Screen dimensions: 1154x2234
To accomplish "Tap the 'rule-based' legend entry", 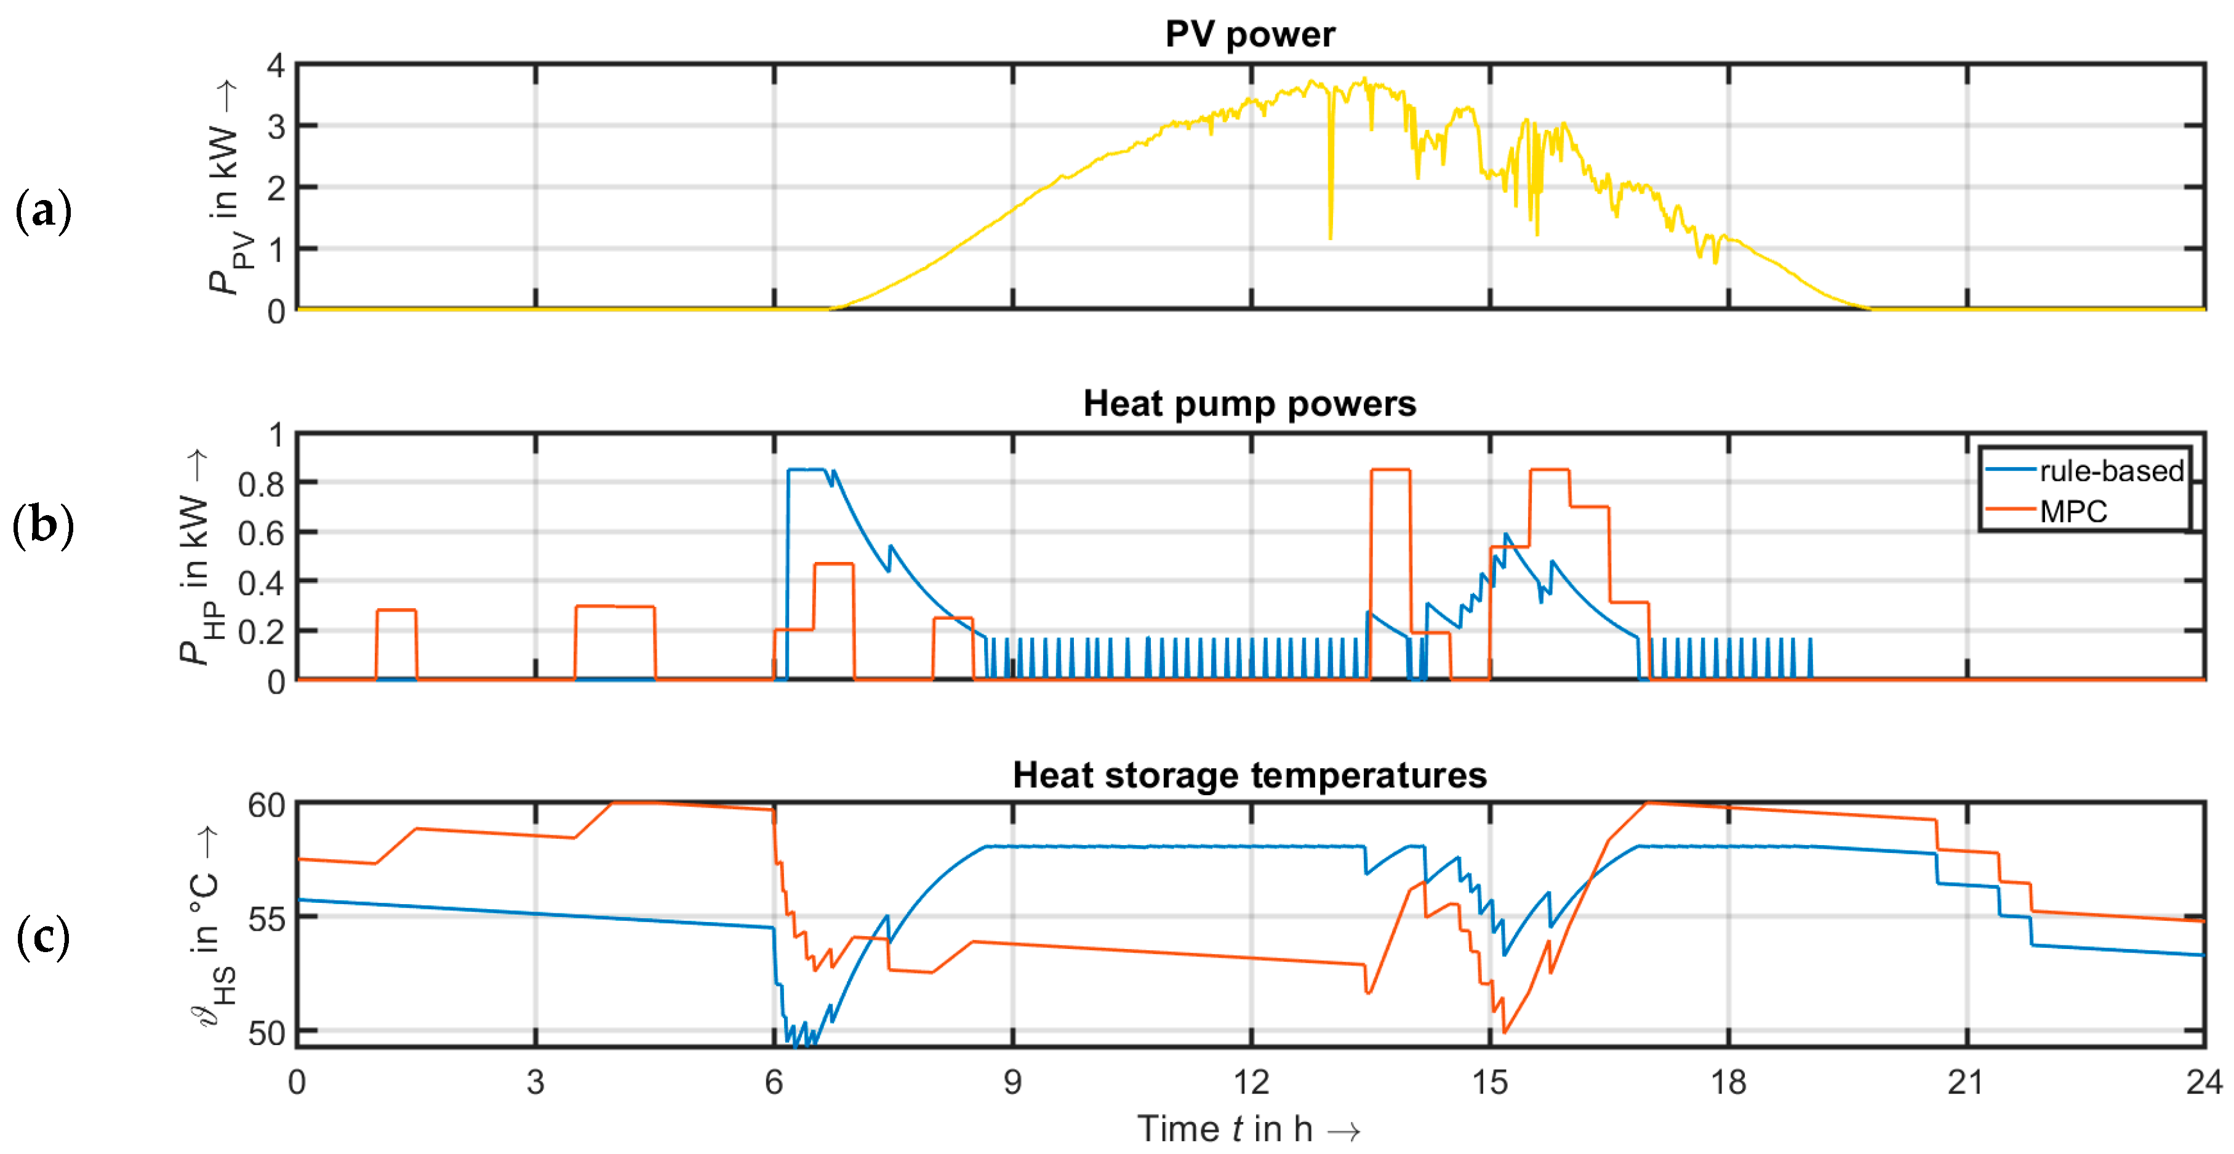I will pyautogui.click(x=2110, y=471).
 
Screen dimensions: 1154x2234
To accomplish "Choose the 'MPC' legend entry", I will pyautogui.click(x=2073, y=511).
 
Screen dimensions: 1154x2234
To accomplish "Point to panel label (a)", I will pyautogui.click(x=42, y=210).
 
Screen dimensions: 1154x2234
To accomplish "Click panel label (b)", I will pyautogui.click(x=42, y=526).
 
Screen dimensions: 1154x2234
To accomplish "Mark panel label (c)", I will pyautogui.click(x=42, y=937).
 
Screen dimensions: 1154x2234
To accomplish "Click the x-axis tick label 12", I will pyautogui.click(x=1251, y=1082).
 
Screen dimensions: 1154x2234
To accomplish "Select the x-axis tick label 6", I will pyautogui.click(x=774, y=1082).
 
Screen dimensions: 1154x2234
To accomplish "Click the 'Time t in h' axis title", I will pyautogui.click(x=1249, y=1129).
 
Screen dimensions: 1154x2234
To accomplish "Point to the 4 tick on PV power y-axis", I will pyautogui.click(x=276, y=66).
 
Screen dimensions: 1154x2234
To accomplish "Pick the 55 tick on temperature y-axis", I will pyautogui.click(x=266, y=919).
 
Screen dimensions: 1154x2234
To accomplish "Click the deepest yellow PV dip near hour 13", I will pyautogui.click(x=1331, y=236).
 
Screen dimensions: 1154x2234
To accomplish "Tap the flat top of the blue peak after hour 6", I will pyautogui.click(x=807, y=470).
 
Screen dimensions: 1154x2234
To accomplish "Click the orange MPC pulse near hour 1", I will pyautogui.click(x=396, y=611).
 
